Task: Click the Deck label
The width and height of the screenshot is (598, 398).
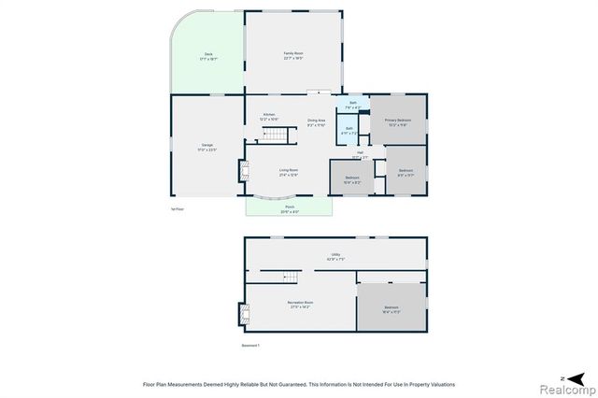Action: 208,55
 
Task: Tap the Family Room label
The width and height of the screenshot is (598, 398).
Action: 293,53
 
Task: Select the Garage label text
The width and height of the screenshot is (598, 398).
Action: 208,145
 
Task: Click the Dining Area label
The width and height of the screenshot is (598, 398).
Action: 316,121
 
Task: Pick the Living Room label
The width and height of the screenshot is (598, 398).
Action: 288,170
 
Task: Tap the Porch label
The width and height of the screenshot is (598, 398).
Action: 290,206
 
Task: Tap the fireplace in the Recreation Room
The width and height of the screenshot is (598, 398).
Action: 247,316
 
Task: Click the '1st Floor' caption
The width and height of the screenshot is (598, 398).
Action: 178,208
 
